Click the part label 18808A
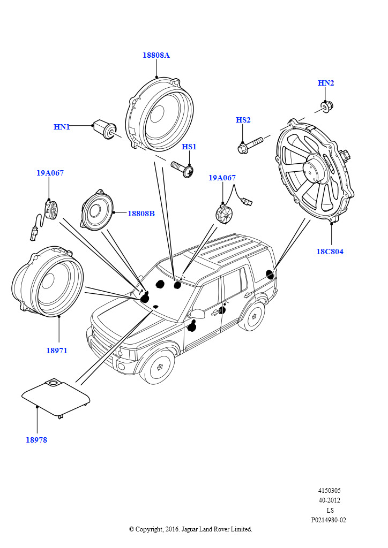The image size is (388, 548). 156,55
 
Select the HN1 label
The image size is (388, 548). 62,127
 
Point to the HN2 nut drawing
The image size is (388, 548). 327,106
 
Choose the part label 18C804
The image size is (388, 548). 330,252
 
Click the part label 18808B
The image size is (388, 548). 141,214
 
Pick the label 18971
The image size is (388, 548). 56,351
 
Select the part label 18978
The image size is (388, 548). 36,440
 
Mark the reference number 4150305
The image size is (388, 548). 329,490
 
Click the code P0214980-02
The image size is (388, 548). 329,520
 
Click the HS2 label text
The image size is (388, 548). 243,120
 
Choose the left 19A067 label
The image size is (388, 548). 50,173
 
